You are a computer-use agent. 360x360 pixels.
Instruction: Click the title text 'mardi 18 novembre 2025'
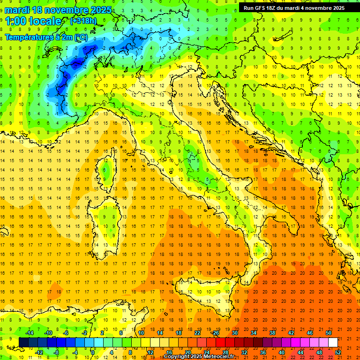pos(59,10)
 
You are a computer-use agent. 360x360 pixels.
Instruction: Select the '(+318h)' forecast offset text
pos(83,21)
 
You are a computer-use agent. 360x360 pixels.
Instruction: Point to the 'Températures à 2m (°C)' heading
pos(46,37)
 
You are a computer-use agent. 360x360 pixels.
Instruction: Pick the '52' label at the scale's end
pos(338,352)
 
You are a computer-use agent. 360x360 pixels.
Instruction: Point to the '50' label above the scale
pos(328,333)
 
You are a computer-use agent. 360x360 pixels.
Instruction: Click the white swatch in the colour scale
pos(333,342)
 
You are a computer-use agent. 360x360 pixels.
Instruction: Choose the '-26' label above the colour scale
pos(215,333)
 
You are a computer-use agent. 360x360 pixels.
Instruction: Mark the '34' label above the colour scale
pos(253,333)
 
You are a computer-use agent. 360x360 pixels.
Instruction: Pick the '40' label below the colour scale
pos(282,352)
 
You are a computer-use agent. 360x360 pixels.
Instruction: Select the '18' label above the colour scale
pos(178,333)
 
